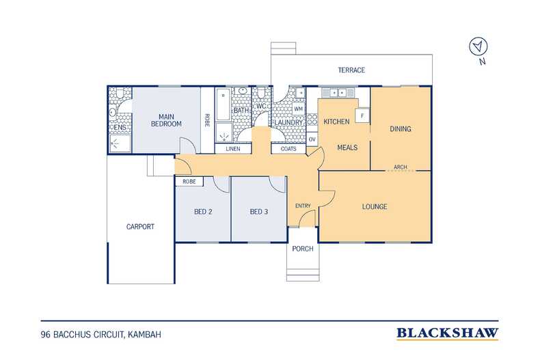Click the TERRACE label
tap(351, 70)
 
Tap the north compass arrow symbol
tap(478, 46)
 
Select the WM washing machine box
tap(298, 109)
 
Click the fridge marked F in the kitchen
tap(362, 116)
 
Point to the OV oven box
tap(312, 139)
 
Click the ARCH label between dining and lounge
tap(400, 167)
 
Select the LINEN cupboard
tap(233, 149)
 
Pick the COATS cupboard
tap(288, 149)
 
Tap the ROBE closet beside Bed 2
tap(189, 182)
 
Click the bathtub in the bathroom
tap(223, 105)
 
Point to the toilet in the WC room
tap(261, 93)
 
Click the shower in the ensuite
tap(120, 143)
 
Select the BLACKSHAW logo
tap(447, 333)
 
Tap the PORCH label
tap(303, 249)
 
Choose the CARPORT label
tap(140, 227)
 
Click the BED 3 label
tap(259, 212)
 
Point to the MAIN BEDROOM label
tap(166, 120)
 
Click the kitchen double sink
tap(338, 93)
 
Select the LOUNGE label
tap(375, 206)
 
